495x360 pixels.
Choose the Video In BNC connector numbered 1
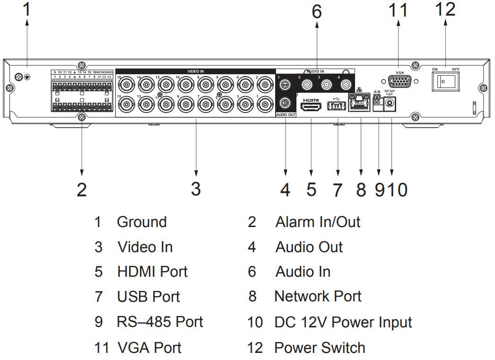tap(265, 104)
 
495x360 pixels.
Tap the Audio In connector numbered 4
tap(347, 85)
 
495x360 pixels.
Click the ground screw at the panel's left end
tap(19, 77)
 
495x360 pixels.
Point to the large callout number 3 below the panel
tap(196, 188)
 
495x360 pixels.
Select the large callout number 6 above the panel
tap(316, 12)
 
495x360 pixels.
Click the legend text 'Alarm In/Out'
tap(318, 222)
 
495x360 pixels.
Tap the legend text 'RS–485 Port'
tap(160, 322)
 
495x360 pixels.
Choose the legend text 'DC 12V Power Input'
tap(343, 323)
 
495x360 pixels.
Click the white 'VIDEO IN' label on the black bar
tap(195, 71)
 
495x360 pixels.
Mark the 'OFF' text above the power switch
tap(455, 70)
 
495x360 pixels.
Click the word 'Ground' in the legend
tap(141, 222)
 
